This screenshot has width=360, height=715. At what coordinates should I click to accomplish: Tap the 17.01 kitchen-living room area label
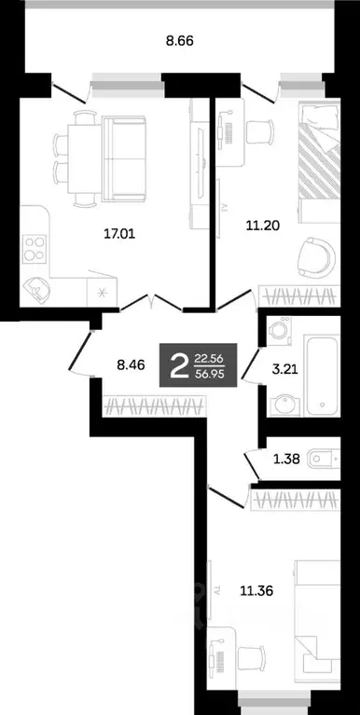[x=119, y=235]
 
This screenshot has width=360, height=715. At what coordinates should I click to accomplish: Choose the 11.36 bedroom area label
[x=256, y=590]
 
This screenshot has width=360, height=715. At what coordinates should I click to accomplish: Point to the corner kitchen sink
[x=36, y=288]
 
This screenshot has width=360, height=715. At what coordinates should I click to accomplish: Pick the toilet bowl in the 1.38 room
[x=322, y=456]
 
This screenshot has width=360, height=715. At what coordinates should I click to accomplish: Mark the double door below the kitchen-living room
[x=153, y=301]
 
